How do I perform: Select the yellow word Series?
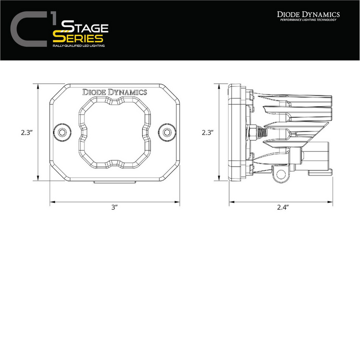click(81, 39)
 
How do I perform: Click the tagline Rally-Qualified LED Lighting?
click(80, 47)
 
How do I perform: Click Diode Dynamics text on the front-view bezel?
click(114, 92)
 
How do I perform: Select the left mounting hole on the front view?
click(62, 132)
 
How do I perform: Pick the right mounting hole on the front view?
click(167, 132)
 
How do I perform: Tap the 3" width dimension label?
click(115, 207)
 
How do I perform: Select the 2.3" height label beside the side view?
click(207, 133)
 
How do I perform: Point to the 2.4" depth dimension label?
click(282, 207)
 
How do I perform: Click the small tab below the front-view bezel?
click(115, 182)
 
